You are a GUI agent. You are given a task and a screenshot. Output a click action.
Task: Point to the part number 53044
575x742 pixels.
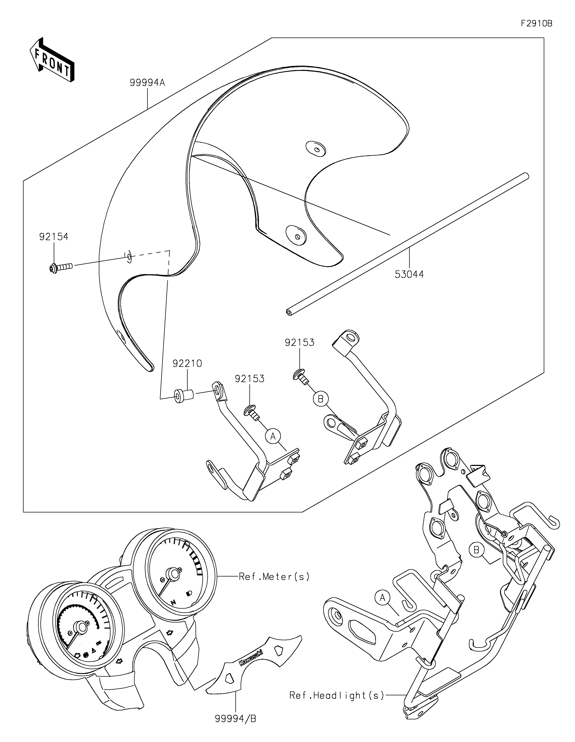tap(409, 274)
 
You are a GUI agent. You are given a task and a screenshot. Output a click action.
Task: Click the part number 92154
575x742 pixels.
tap(54, 237)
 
